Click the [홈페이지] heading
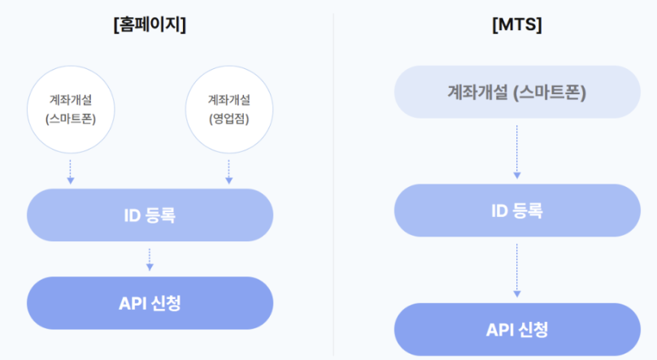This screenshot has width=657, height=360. pyautogui.click(x=150, y=25)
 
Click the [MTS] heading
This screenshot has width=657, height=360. pyautogui.click(x=516, y=25)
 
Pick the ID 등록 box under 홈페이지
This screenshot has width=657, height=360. pyautogui.click(x=150, y=215)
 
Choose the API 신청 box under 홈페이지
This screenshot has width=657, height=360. pyautogui.click(x=150, y=303)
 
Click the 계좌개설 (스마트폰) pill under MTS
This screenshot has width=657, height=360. pyautogui.click(x=516, y=92)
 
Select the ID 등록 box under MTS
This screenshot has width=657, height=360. pyautogui.click(x=516, y=210)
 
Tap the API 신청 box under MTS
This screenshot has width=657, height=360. pyautogui.click(x=516, y=329)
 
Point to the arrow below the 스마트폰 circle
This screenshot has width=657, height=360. pyautogui.click(x=70, y=171)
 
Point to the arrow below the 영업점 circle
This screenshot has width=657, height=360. pyautogui.click(x=228, y=171)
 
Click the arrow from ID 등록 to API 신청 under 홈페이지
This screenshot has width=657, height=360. pyautogui.click(x=150, y=259)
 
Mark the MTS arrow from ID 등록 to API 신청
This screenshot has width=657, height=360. pyautogui.click(x=516, y=270)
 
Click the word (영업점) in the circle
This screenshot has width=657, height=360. pyautogui.click(x=228, y=121)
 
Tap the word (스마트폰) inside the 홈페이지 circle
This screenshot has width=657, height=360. pyautogui.click(x=70, y=121)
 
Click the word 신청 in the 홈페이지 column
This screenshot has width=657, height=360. pyautogui.click(x=166, y=303)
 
